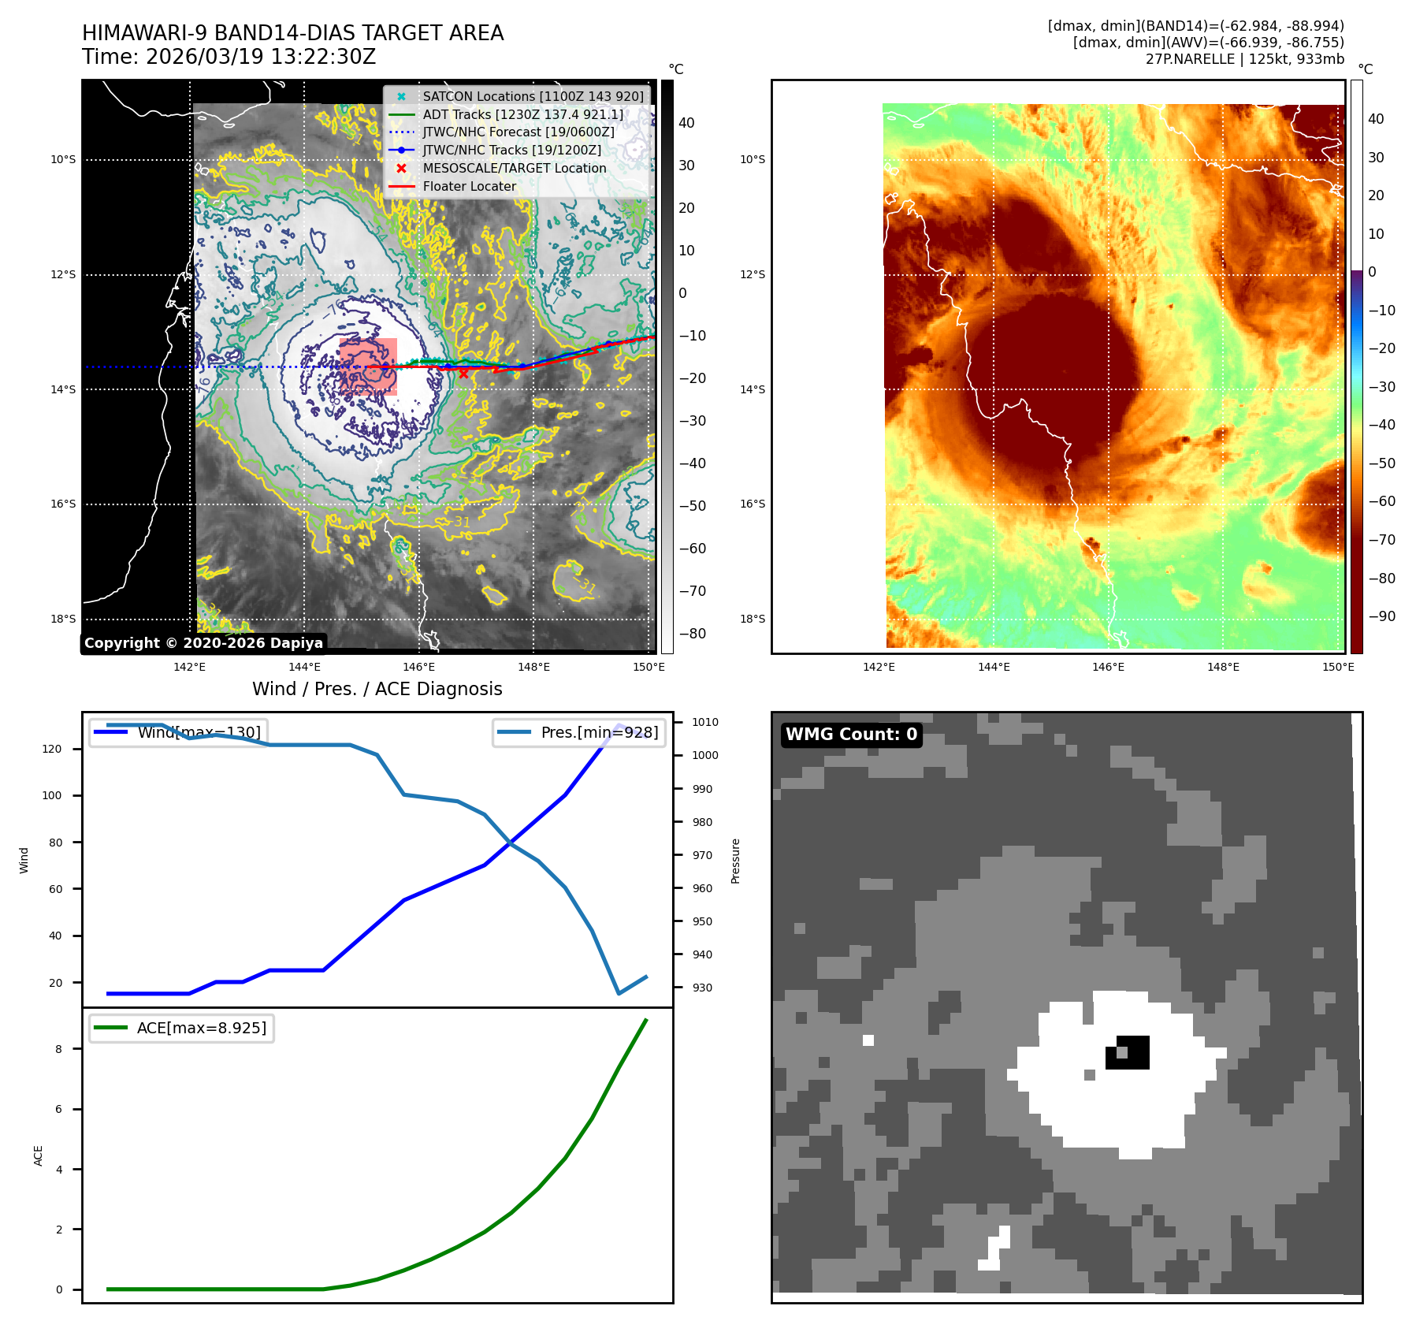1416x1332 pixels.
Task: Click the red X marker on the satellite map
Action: (463, 374)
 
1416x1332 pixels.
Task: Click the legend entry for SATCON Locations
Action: (533, 96)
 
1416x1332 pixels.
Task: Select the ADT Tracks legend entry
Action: (522, 114)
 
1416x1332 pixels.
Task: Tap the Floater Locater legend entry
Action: (469, 186)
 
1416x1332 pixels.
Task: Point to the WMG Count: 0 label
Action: (851, 735)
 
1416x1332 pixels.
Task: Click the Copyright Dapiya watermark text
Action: (203, 643)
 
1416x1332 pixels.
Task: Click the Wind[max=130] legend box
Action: (177, 732)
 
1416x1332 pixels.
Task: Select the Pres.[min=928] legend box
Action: (579, 732)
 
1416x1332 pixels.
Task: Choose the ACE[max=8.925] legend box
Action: (182, 1028)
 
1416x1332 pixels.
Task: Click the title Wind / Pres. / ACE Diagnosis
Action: (377, 689)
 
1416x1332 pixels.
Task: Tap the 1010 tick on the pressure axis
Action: (704, 722)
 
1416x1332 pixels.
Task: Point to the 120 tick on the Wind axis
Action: (52, 749)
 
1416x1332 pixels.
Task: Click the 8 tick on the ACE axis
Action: (58, 1049)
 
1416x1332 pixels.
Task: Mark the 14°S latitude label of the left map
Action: (63, 389)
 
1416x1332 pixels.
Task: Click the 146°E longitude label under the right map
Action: (1108, 667)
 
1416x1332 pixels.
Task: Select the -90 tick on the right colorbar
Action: (1381, 616)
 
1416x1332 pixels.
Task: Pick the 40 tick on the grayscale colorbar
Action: (686, 123)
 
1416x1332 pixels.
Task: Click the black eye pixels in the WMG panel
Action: (1135, 1052)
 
